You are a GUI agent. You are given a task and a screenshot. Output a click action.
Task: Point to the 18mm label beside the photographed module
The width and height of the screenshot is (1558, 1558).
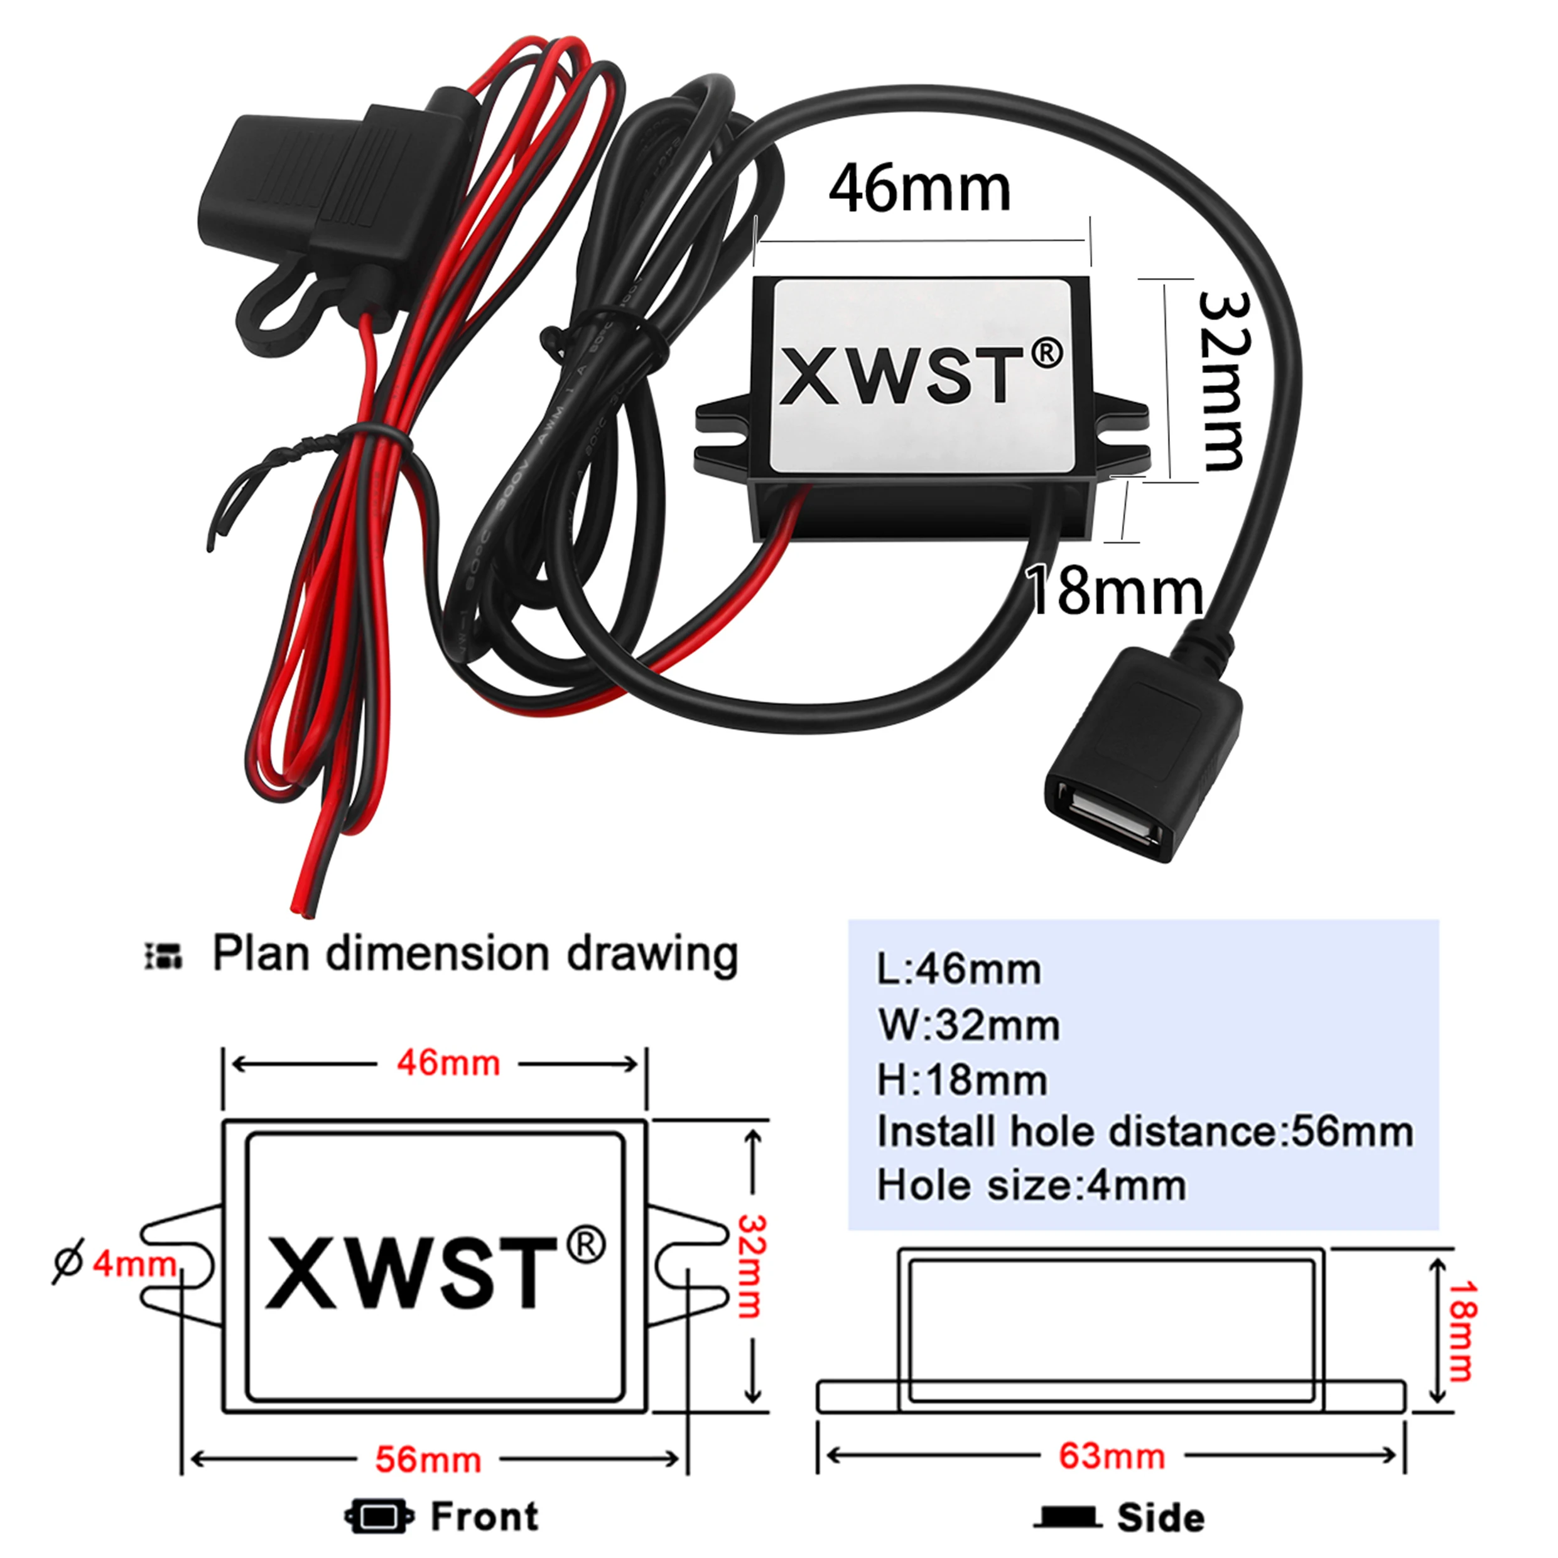1116,591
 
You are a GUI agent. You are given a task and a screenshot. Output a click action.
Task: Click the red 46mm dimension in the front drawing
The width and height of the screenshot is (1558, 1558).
448,1064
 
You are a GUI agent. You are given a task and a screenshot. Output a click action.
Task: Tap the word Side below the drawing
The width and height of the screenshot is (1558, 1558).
1161,1518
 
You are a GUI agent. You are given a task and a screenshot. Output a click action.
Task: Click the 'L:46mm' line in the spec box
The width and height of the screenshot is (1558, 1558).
959,970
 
